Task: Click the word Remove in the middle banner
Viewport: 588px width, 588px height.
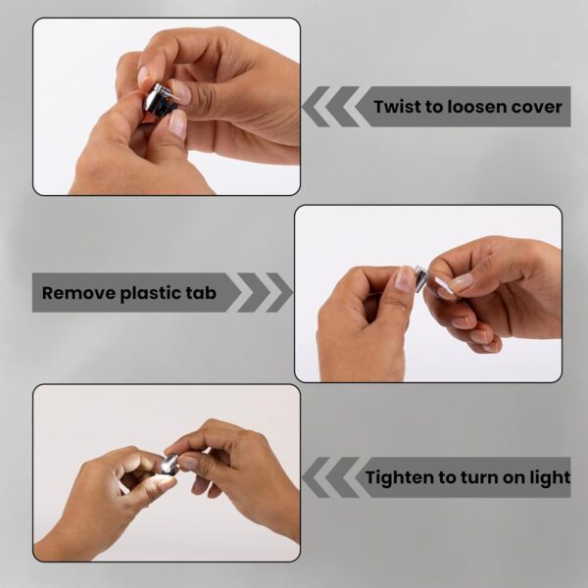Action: [x=78, y=292]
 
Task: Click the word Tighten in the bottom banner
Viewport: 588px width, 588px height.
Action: [x=400, y=478]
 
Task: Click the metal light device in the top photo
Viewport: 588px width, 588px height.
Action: [x=160, y=99]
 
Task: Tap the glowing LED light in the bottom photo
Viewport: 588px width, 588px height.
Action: [x=168, y=465]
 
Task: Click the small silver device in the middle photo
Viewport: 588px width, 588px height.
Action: [x=420, y=275]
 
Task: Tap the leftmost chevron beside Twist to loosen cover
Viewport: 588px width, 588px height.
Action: [x=317, y=107]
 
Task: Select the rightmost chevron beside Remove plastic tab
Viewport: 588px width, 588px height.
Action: [x=278, y=292]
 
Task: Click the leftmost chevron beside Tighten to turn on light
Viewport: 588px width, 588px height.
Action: [x=317, y=477]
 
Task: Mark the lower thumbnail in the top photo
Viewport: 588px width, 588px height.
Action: [x=177, y=124]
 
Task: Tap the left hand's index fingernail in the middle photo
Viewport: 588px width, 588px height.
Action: [x=403, y=278]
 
